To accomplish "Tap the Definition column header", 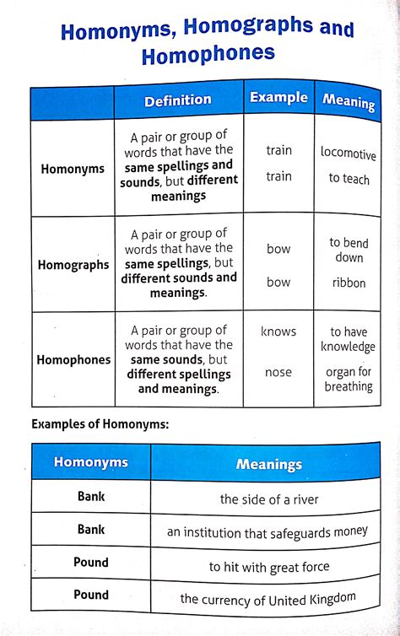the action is (x=178, y=100).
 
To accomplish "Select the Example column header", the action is (x=278, y=97).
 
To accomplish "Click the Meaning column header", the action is (x=349, y=102).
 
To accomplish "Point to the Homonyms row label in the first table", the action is (x=73, y=169).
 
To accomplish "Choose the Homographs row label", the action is (x=73, y=264).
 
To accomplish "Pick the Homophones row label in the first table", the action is (x=73, y=359).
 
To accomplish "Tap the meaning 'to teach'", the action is (x=349, y=179).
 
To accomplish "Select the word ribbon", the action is (x=349, y=283).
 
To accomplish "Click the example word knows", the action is (x=278, y=331).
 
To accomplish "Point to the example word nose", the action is (x=278, y=372).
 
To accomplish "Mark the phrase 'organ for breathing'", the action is (x=349, y=379).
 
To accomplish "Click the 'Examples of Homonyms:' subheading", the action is (x=100, y=423).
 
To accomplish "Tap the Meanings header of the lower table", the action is (x=269, y=464).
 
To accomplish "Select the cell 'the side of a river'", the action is (x=269, y=499).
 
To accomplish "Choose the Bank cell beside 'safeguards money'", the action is (x=91, y=530).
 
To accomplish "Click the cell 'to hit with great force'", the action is (x=269, y=566).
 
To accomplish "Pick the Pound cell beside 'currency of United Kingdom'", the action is (x=91, y=595).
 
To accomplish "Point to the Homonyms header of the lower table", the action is (x=91, y=461).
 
